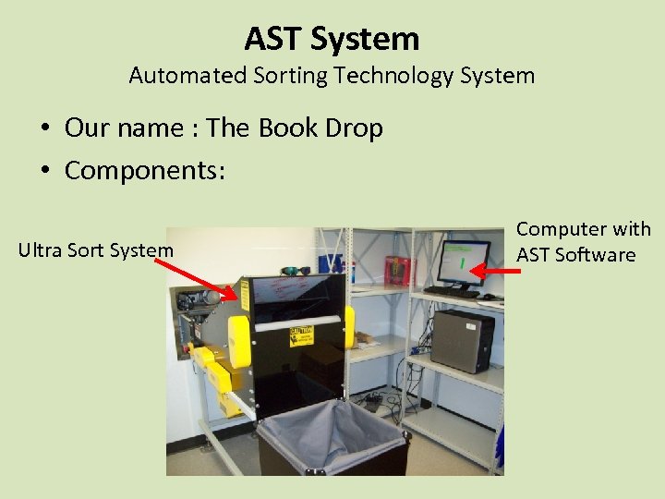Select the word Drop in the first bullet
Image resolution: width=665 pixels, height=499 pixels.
pyautogui.click(x=355, y=128)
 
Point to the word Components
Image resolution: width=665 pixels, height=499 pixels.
pyautogui.click(x=144, y=170)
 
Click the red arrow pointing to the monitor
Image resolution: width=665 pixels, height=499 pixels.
pyautogui.click(x=495, y=271)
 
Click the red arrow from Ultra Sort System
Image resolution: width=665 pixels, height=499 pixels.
pyautogui.click(x=195, y=278)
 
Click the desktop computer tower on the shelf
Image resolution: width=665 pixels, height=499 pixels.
pyautogui.click(x=462, y=339)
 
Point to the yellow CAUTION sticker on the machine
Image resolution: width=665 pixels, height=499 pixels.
pyautogui.click(x=303, y=335)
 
